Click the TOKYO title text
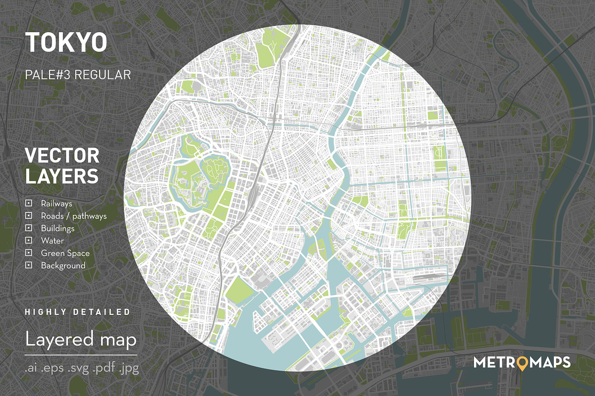pos(66,43)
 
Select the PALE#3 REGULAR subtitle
pos(78,75)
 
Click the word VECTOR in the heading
pos(62,156)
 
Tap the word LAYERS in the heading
pos(61,176)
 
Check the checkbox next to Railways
pos(29,203)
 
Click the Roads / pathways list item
pos(73,216)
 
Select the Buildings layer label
pos(58,228)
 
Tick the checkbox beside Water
pos(29,241)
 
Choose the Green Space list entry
pos(65,253)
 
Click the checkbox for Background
pos(29,265)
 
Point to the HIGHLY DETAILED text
pos(77,312)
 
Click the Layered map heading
pos(81,340)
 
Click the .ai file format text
pos(33,369)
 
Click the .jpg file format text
pos(128,369)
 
